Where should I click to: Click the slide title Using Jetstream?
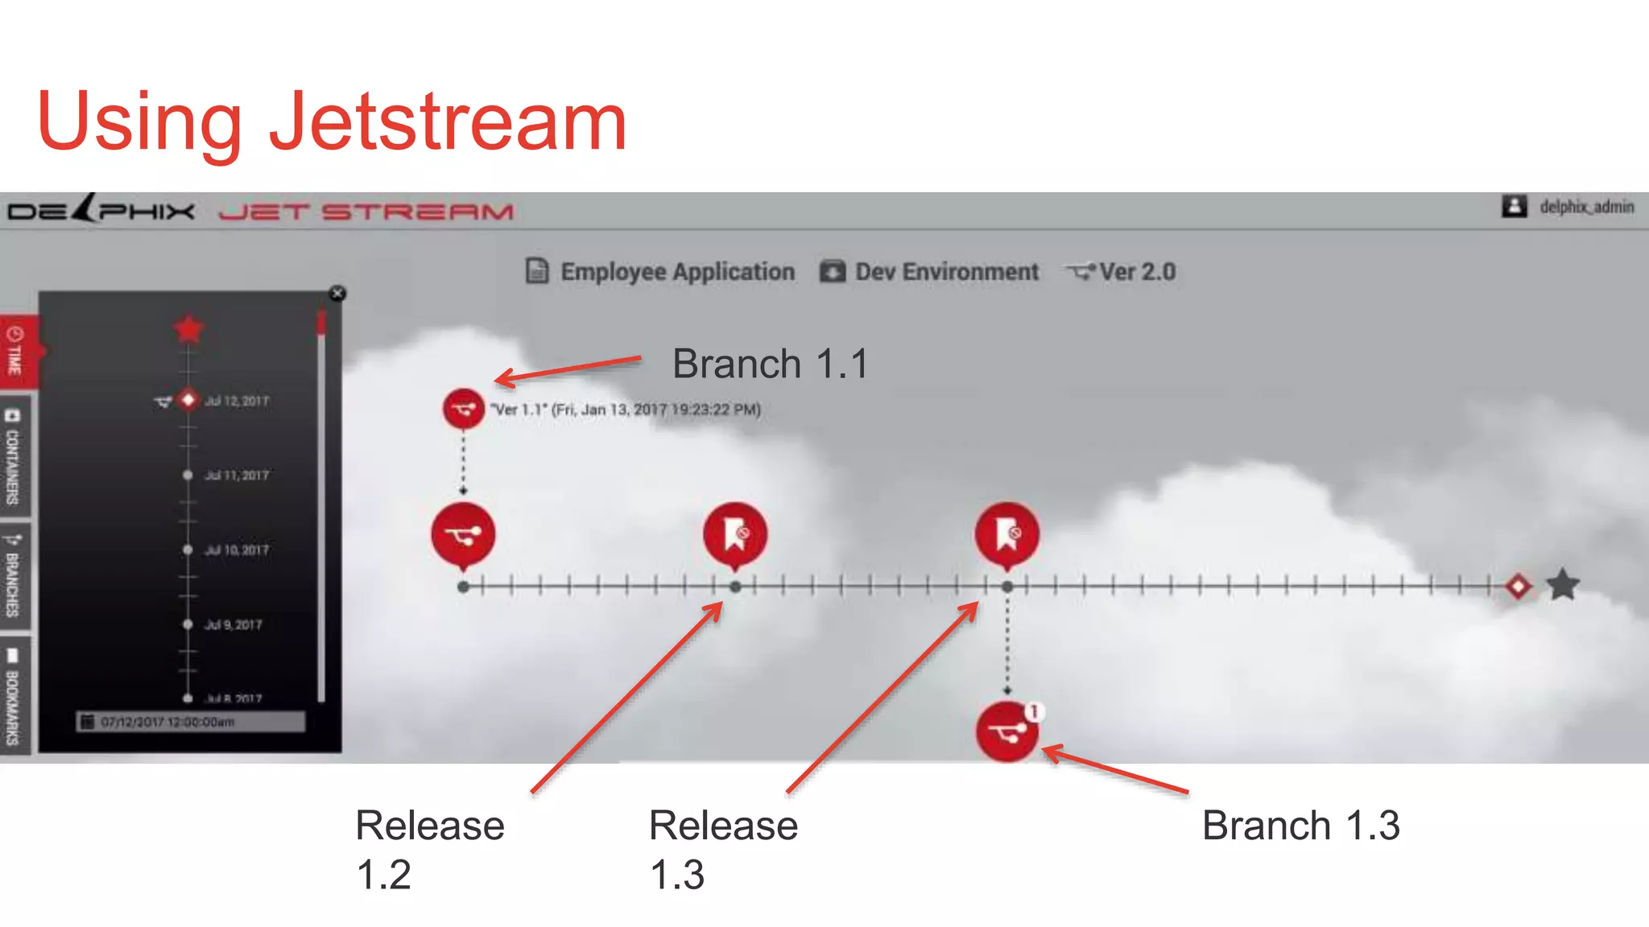(332, 122)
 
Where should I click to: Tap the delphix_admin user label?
(1586, 208)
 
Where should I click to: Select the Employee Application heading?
(676, 272)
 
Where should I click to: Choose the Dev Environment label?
(946, 272)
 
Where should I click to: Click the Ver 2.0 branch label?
(1137, 272)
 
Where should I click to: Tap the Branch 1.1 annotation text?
(770, 364)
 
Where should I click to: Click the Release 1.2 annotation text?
(429, 849)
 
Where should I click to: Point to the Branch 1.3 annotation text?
(1300, 826)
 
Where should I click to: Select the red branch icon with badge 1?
(1006, 731)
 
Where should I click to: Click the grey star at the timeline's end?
(1563, 585)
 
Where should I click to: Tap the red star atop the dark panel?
(188, 329)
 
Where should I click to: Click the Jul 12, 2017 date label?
(237, 401)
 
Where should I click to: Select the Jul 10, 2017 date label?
(237, 550)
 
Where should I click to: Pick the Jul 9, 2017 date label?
(234, 624)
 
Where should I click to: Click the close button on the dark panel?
(337, 294)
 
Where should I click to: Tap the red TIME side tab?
(15, 351)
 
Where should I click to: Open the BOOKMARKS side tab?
(14, 697)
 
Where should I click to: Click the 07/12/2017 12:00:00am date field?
(192, 722)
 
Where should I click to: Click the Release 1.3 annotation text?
(722, 849)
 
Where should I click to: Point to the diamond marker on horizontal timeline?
(1519, 586)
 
